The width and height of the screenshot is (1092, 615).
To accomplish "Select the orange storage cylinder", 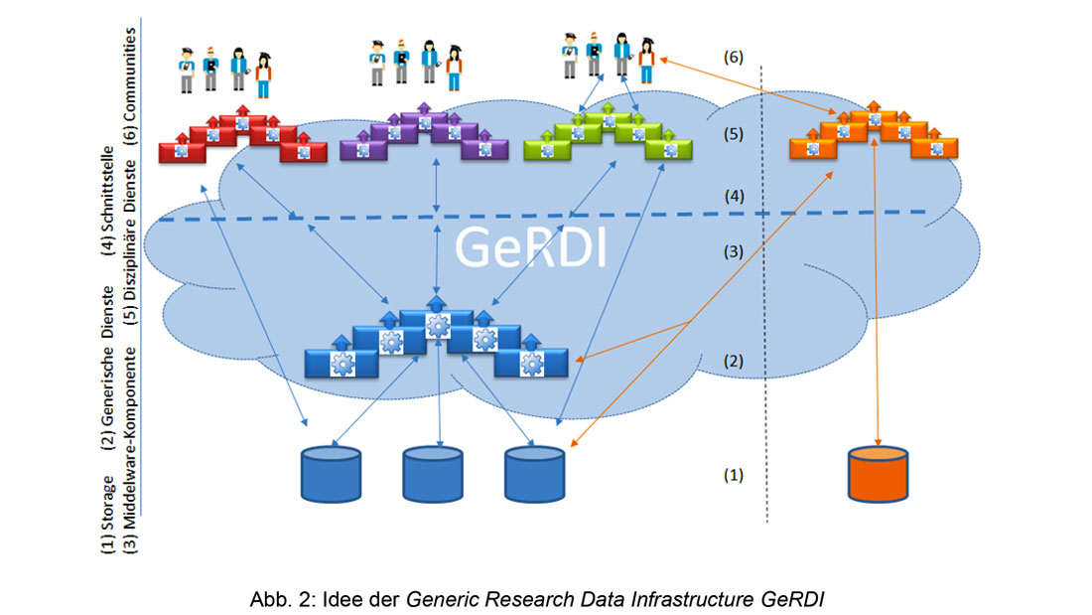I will tap(878, 474).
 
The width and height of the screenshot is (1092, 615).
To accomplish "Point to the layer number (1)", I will tap(732, 475).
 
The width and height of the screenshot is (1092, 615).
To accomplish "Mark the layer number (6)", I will tap(732, 59).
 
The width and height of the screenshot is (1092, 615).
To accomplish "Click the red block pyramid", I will tap(243, 136).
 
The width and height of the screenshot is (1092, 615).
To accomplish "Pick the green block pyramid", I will tap(608, 136).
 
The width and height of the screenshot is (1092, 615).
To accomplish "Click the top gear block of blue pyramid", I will tap(436, 323).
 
